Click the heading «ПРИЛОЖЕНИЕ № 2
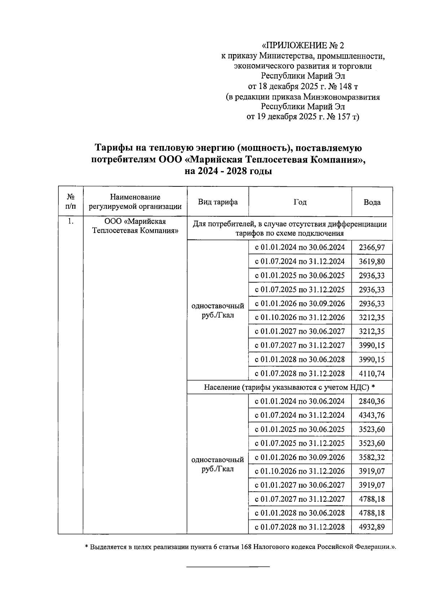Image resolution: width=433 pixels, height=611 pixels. coord(302,46)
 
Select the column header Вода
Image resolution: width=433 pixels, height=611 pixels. coord(372,202)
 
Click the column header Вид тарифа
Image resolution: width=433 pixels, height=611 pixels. coord(218,202)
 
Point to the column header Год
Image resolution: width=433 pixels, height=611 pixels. coord(300,202)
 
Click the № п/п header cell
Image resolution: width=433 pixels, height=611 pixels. coord(71,202)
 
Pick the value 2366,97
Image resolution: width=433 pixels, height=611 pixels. coord(372,248)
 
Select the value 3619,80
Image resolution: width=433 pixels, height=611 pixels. coord(372,262)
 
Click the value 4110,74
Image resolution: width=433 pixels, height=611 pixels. coord(372,373)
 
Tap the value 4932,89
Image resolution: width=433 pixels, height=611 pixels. coord(372,527)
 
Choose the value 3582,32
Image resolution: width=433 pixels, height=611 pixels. coord(372,457)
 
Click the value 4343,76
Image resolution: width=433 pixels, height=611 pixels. coord(372,415)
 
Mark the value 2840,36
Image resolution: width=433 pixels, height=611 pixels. coord(372,401)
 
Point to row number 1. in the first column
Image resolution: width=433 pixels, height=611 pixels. coord(71,222)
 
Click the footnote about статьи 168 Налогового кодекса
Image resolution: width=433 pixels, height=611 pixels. coord(240,547)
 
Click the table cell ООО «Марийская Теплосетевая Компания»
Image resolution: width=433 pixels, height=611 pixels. coord(135,226)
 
